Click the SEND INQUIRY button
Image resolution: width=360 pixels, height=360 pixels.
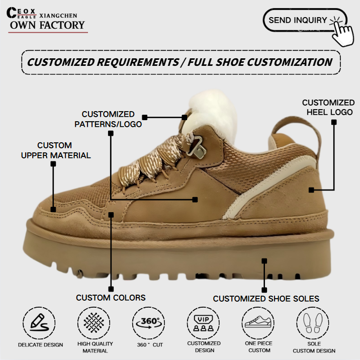click(299, 21)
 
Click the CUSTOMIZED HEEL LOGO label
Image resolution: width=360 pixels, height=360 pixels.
click(328, 107)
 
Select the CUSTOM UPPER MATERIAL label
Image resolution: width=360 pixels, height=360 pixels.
click(55, 150)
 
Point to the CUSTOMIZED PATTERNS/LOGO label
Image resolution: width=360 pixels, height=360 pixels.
click(108, 119)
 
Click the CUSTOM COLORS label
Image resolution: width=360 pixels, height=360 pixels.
click(111, 298)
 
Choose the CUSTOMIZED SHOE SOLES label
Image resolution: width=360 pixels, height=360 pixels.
click(265, 299)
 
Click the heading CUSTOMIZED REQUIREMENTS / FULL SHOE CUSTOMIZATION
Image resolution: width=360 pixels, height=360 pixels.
click(179, 62)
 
